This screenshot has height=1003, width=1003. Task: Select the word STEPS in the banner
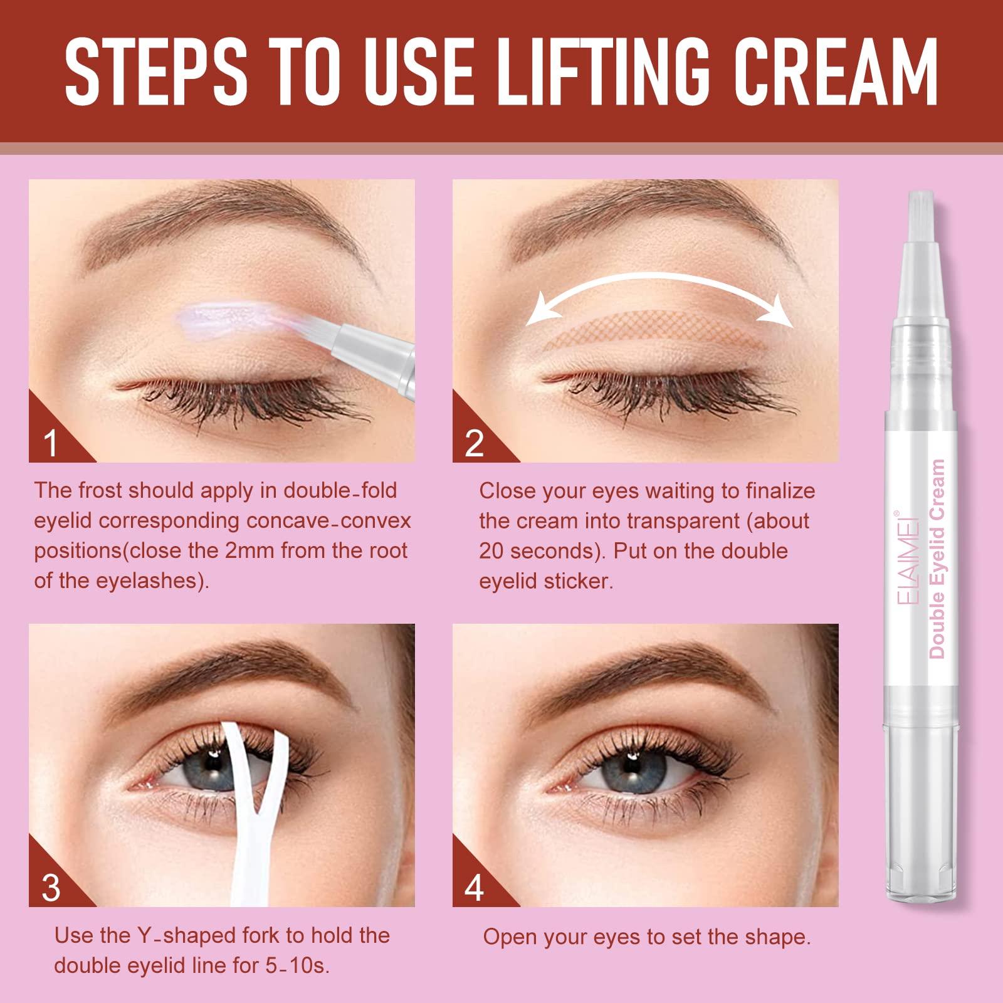[x=156, y=71]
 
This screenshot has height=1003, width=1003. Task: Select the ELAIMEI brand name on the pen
[x=907, y=558]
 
